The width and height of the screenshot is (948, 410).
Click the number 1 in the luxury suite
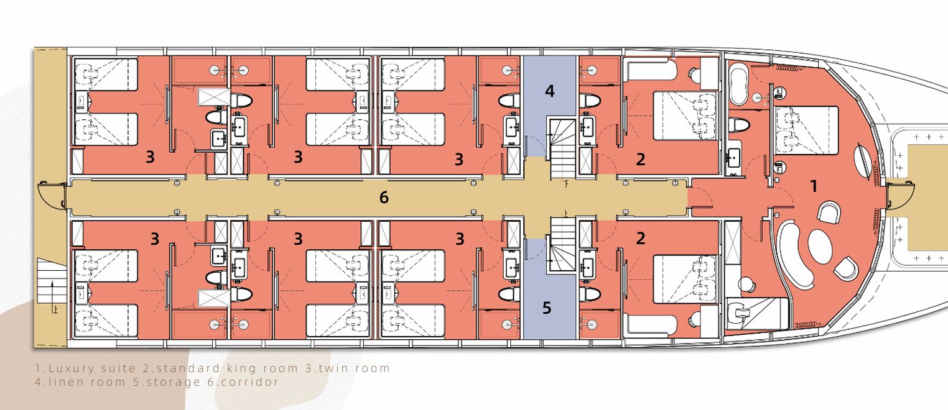tap(813, 186)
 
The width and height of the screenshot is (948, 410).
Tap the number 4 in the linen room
tap(549, 91)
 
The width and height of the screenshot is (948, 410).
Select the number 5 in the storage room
tap(547, 308)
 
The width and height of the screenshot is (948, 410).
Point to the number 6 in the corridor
tap(383, 198)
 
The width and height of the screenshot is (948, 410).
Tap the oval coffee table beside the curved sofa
tap(818, 247)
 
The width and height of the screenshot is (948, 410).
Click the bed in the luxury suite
tap(806, 130)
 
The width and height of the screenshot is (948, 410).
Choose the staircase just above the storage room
tap(562, 245)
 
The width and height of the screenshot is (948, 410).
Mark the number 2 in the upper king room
tap(640, 160)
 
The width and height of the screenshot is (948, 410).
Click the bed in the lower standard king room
tap(685, 279)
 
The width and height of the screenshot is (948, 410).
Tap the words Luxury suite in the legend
tap(92, 368)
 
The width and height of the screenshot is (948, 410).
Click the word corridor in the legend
tap(249, 382)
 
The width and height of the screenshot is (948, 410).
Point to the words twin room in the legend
tap(351, 368)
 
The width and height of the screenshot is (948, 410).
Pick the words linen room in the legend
tap(86, 382)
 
